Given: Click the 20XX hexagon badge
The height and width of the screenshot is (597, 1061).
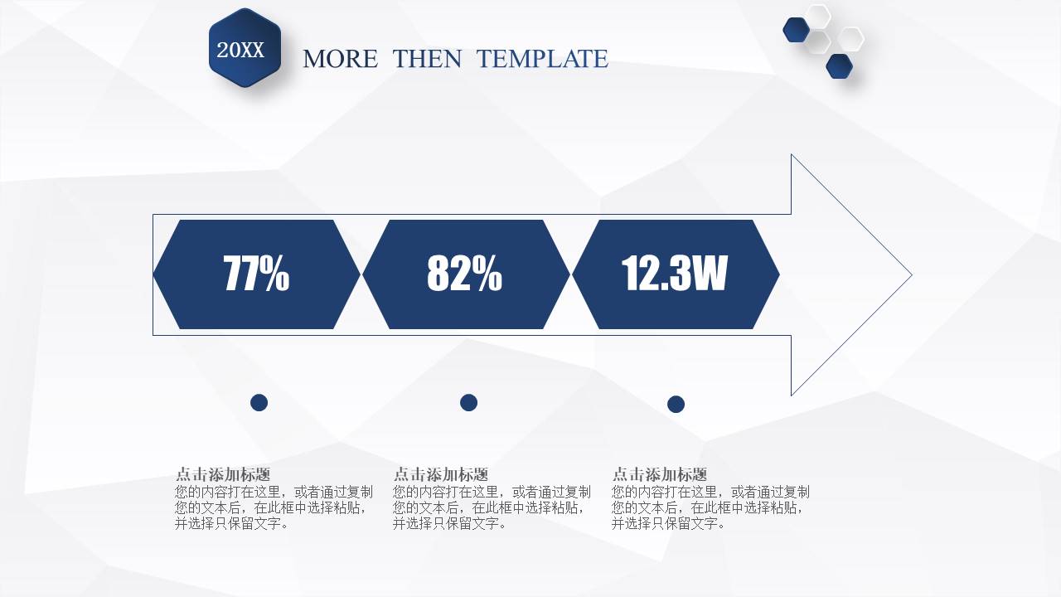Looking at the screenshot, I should pyautogui.click(x=245, y=48).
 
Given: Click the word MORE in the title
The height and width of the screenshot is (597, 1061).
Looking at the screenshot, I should pyautogui.click(x=340, y=59).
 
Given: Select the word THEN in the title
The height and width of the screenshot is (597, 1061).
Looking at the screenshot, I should pyautogui.click(x=428, y=59).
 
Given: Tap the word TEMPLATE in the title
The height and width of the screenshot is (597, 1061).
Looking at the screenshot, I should pyautogui.click(x=542, y=59).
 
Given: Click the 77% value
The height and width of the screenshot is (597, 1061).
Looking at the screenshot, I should pyautogui.click(x=256, y=274).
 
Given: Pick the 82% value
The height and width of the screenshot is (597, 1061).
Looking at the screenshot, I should pyautogui.click(x=464, y=274).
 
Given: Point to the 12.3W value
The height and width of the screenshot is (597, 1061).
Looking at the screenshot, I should pyautogui.click(x=674, y=274).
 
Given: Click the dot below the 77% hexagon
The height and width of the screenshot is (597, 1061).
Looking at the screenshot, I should pyautogui.click(x=259, y=403).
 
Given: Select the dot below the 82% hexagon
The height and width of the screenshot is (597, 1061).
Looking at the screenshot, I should pyautogui.click(x=469, y=403).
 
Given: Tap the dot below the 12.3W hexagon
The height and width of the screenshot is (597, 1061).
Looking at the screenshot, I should pyautogui.click(x=676, y=405).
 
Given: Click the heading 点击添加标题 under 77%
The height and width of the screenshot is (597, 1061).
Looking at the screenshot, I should pyautogui.click(x=223, y=475).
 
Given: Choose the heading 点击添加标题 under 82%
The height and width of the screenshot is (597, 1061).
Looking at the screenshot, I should pyautogui.click(x=441, y=475).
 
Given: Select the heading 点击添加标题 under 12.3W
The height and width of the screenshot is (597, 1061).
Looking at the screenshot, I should pyautogui.click(x=660, y=475).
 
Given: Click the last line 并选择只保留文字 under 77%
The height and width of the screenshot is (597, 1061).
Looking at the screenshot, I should pyautogui.click(x=232, y=524).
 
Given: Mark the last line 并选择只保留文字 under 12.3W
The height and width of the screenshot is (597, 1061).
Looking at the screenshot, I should pyautogui.click(x=669, y=524).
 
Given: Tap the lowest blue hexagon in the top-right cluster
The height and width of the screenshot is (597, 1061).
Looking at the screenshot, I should pyautogui.click(x=840, y=66).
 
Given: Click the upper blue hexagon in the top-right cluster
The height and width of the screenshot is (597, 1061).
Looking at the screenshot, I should pyautogui.click(x=797, y=30).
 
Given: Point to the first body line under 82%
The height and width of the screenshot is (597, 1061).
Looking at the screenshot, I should pyautogui.click(x=492, y=493).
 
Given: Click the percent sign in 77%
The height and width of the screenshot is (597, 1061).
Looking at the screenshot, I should pyautogui.click(x=276, y=274).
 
